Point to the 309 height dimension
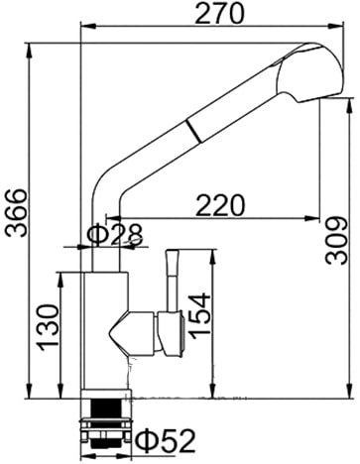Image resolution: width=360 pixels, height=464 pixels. click(339, 240)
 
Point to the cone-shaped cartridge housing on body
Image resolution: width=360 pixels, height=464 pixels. click(129, 327)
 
